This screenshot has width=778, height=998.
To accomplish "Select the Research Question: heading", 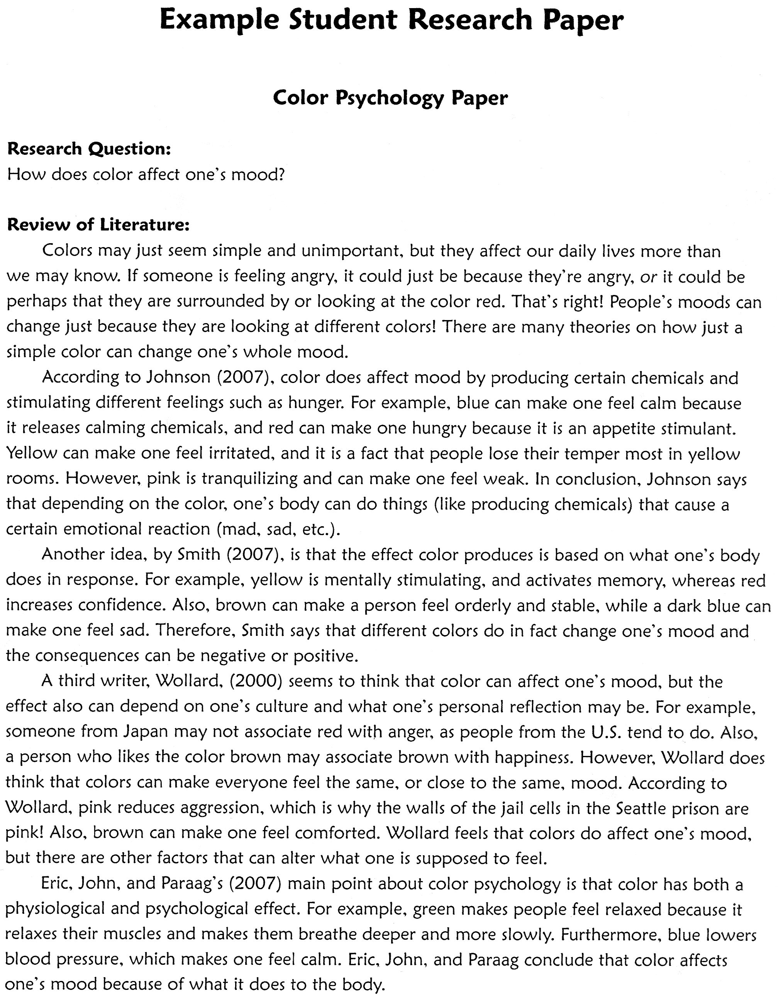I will click(x=89, y=149).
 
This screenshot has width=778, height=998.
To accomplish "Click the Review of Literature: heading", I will click(x=98, y=224).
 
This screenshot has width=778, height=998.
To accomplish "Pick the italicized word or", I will click(x=648, y=277).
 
